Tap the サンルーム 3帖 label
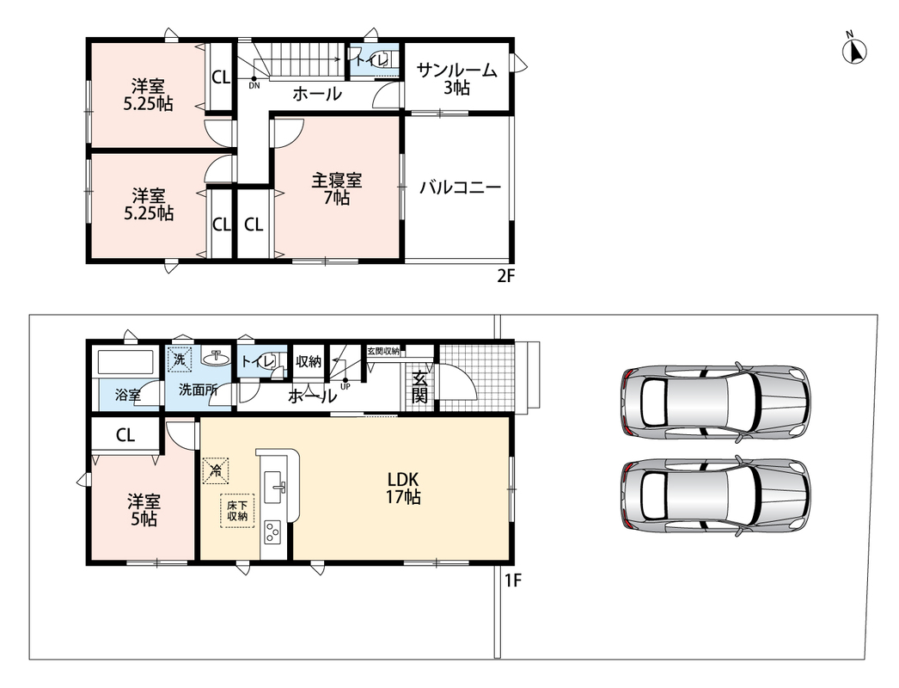456,79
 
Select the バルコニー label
461,187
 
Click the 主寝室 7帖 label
337,189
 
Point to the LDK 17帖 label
403,488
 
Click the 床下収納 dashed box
237,511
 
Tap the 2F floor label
505,277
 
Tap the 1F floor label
512,580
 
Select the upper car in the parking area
716,401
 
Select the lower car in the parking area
716,495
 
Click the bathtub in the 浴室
125,362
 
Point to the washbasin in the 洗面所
216,359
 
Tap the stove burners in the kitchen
272,533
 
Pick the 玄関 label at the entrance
419,387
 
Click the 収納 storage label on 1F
309,361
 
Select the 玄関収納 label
383,351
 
